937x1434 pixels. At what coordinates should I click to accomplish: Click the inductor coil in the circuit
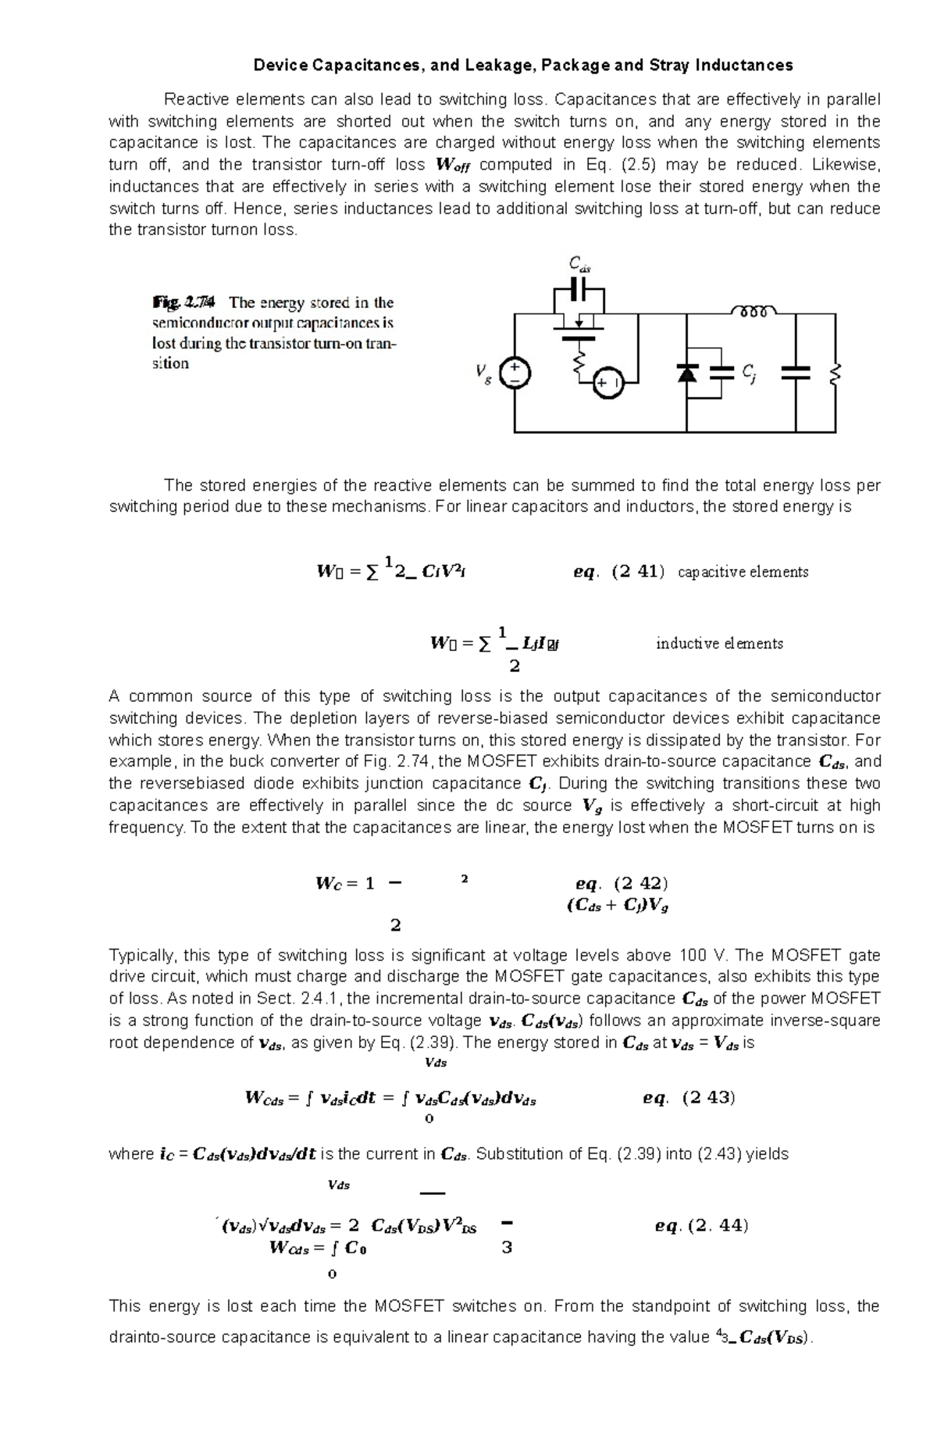[x=753, y=312]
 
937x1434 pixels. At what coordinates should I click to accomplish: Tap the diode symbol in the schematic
[x=686, y=373]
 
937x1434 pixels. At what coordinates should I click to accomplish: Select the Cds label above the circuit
[x=579, y=264]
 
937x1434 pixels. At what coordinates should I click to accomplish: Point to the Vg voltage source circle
[x=515, y=373]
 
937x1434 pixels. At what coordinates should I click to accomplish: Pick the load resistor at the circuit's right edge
[x=835, y=374]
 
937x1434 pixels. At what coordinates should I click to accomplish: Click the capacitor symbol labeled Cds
[x=579, y=290]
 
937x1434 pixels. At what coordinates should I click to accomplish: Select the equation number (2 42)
[x=641, y=884]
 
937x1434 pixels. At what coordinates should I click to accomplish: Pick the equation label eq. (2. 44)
[x=701, y=1225]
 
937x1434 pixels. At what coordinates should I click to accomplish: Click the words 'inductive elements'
[x=719, y=643]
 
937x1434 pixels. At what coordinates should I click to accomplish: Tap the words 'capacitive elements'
[x=743, y=571]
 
